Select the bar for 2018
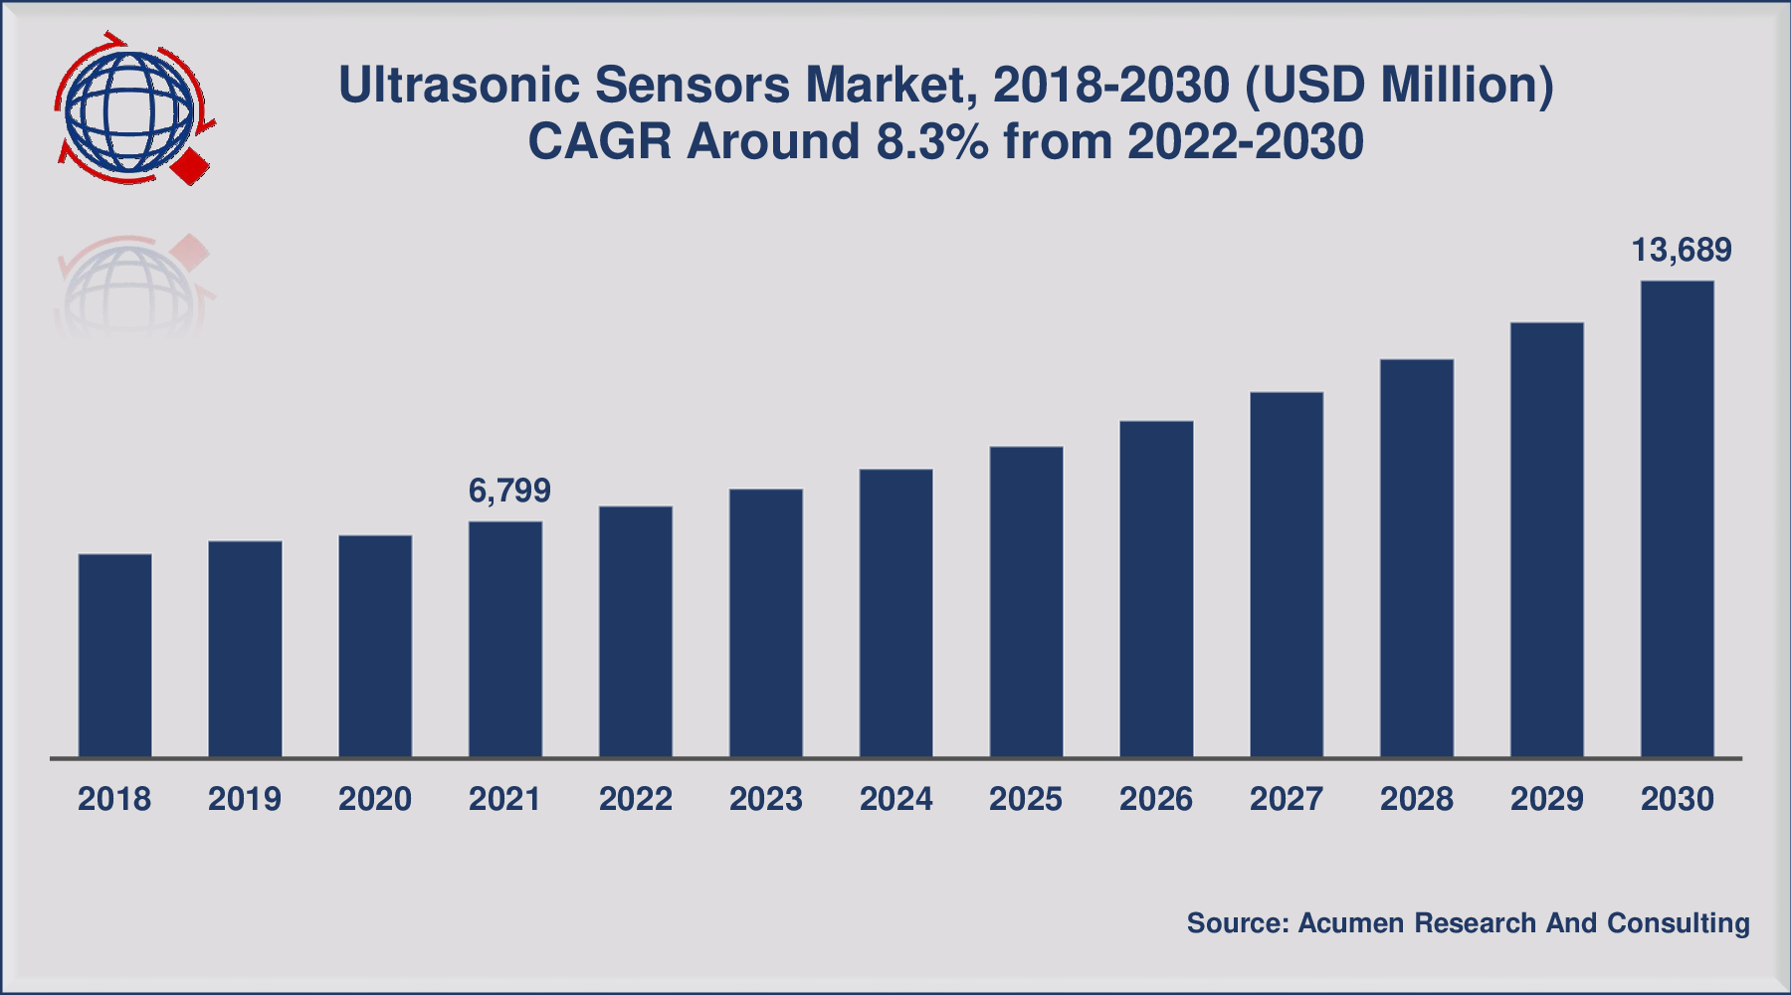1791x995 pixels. click(x=115, y=656)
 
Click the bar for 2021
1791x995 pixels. click(x=505, y=640)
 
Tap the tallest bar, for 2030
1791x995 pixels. click(x=1678, y=519)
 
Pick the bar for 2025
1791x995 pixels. click(x=1027, y=602)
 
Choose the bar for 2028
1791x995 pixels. click(x=1417, y=558)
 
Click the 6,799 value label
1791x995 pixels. click(x=509, y=491)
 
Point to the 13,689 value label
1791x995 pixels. click(x=1682, y=250)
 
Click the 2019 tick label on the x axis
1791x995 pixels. click(x=245, y=799)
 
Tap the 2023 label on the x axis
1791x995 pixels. click(x=766, y=799)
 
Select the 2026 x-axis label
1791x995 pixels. click(x=1156, y=799)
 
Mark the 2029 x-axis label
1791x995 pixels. click(x=1547, y=799)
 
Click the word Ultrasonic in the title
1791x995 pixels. click(x=459, y=86)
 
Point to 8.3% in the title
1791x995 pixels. click(x=932, y=141)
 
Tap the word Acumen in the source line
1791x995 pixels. click(x=1351, y=923)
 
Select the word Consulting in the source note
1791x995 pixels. click(x=1679, y=924)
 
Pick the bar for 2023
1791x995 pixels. click(x=766, y=624)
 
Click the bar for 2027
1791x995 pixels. click(x=1287, y=575)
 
